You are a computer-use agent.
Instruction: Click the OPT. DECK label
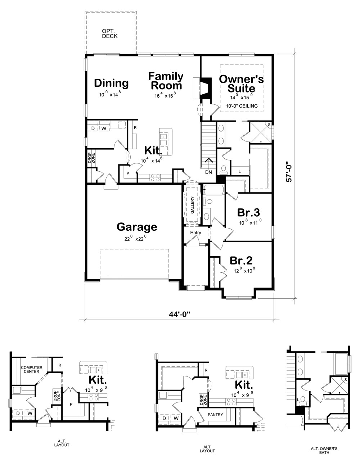[110, 34]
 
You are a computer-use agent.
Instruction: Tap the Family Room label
[166, 81]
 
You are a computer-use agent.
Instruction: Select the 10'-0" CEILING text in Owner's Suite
[242, 106]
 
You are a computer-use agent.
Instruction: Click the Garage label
[137, 227]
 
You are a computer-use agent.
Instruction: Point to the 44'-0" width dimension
[179, 314]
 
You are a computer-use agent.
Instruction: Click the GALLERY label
[192, 205]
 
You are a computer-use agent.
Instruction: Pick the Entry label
[195, 232]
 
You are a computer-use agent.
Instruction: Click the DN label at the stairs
[208, 172]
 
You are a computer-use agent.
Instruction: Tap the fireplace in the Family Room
[206, 88]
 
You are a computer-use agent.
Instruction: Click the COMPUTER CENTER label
[32, 370]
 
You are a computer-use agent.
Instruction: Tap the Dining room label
[111, 83]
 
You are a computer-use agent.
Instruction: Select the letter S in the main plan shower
[269, 125]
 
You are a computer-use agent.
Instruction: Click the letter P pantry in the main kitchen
[127, 173]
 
